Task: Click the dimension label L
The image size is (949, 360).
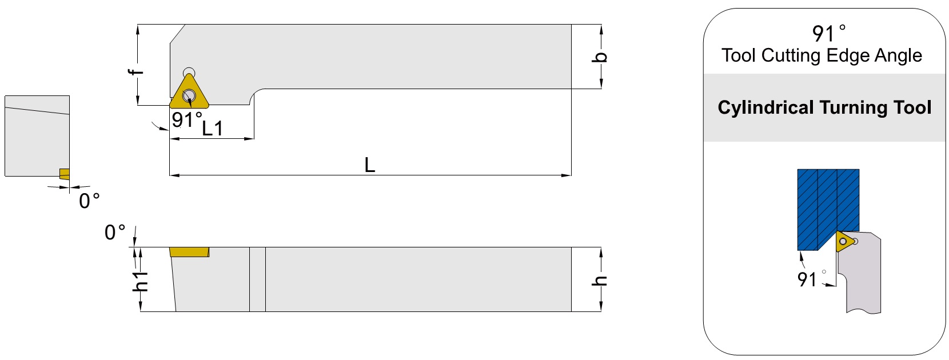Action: [x=370, y=165]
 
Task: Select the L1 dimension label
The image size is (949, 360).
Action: [x=212, y=129]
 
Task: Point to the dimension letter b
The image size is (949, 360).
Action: [x=599, y=57]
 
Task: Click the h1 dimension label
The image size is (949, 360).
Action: [x=141, y=281]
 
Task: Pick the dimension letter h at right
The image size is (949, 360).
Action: [x=599, y=281]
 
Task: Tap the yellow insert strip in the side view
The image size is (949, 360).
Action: [x=189, y=252]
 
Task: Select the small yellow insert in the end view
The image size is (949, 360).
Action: [x=65, y=174]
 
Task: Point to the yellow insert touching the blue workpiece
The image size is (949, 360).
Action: [x=845, y=241]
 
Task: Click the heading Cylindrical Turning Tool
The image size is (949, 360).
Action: [x=824, y=107]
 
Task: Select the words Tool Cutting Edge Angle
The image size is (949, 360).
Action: [x=822, y=55]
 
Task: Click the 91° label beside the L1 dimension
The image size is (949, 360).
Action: [x=187, y=120]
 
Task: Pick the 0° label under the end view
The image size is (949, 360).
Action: [x=89, y=201]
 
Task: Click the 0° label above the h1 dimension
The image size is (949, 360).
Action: [x=115, y=233]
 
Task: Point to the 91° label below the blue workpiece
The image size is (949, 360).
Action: [x=812, y=279]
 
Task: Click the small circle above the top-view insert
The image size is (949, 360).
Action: [x=189, y=72]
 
